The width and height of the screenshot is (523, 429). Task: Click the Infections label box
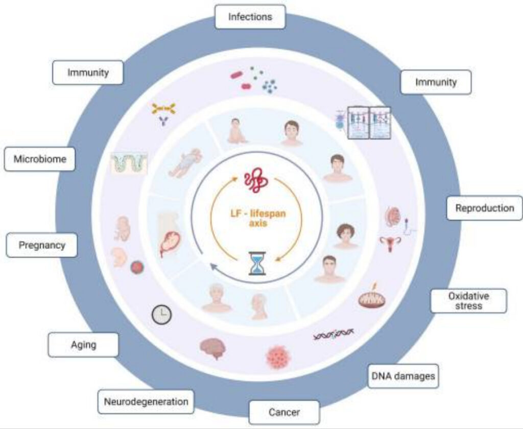(x=250, y=17)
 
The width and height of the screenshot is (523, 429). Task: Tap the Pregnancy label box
(x=42, y=245)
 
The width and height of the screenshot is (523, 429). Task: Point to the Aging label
(x=83, y=345)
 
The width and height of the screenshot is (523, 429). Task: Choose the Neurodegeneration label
(x=146, y=401)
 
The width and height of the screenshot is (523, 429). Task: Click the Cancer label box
(x=284, y=412)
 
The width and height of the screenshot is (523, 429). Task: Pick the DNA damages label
(x=402, y=376)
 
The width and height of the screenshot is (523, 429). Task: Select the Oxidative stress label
(x=468, y=301)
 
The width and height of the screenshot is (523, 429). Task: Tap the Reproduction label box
(x=484, y=208)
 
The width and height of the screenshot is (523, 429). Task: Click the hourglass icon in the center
(x=257, y=264)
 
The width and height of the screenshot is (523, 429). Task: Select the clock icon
(x=161, y=315)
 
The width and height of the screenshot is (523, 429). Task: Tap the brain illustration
(x=212, y=348)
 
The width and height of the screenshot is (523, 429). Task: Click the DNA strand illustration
(x=333, y=334)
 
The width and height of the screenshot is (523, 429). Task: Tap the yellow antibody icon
(x=163, y=108)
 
